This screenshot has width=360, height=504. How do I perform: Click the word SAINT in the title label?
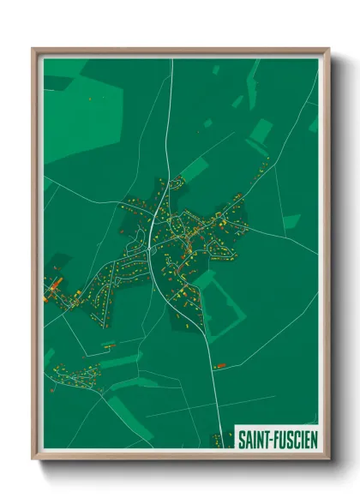pos(252,437)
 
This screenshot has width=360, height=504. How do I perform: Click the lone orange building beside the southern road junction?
pos(219,366)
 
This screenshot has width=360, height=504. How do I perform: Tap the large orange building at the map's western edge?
pos(53,285)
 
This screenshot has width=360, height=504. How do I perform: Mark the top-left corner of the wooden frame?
pos(33,49)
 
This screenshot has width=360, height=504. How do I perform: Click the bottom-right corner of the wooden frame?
pos(329,460)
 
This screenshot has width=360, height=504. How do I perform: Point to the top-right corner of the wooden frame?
pos(329,49)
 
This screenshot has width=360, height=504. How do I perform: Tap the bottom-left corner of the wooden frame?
pos(33,460)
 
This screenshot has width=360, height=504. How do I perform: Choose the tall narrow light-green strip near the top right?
pos(253,77)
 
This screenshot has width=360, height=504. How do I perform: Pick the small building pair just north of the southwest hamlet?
pos(108,345)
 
